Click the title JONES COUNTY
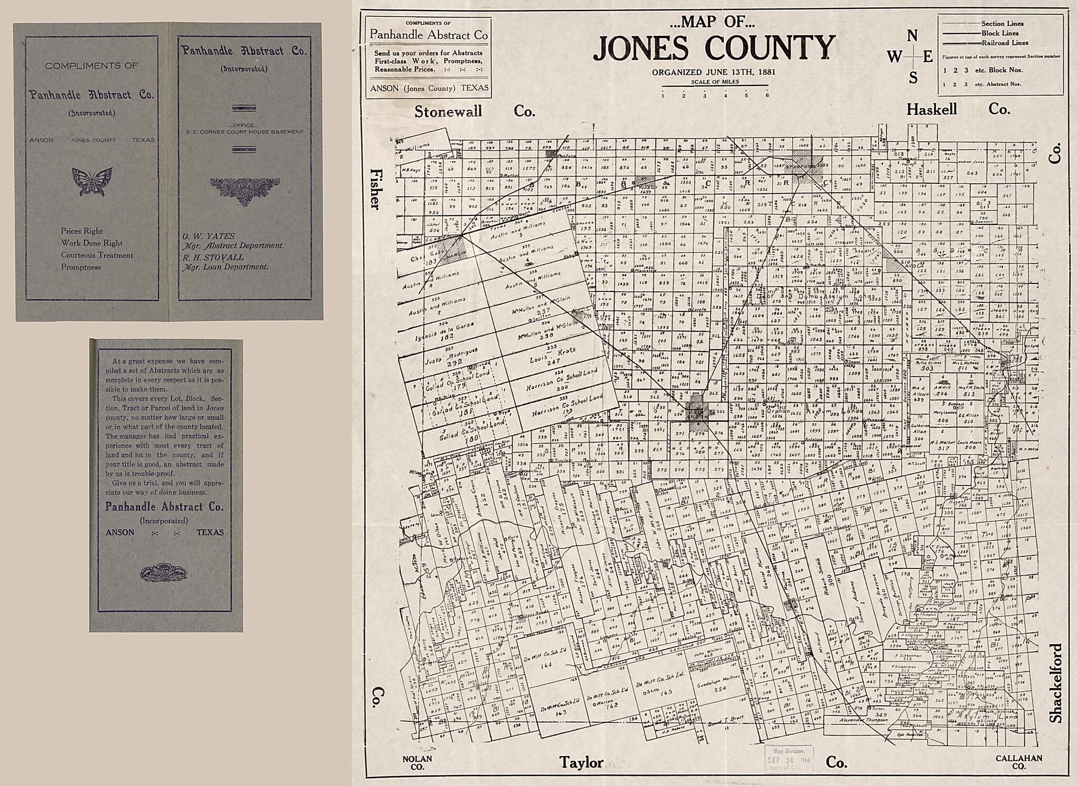(714, 48)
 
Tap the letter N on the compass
(912, 36)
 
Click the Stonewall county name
(448, 112)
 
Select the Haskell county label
(931, 110)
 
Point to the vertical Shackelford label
(1056, 683)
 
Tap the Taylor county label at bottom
(581, 762)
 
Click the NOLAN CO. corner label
(417, 763)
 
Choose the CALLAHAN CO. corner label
(1019, 762)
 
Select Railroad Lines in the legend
(1004, 43)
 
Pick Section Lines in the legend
(1002, 24)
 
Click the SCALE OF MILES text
(715, 82)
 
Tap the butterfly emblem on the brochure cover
(92, 182)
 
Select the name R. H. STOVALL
(213, 257)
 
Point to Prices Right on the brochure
(82, 231)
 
